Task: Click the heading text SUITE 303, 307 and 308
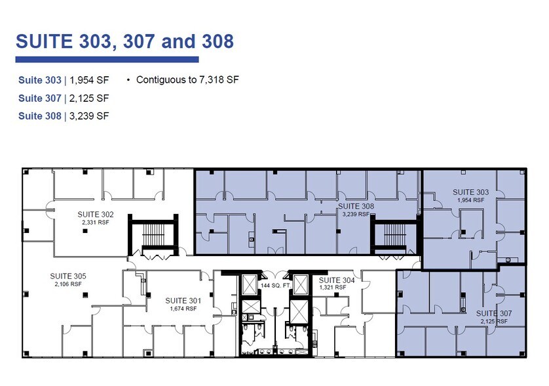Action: click(x=124, y=41)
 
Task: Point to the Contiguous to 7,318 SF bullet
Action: click(x=187, y=80)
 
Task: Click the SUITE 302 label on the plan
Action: click(x=96, y=215)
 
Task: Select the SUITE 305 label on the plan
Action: click(x=68, y=276)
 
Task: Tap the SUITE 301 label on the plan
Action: click(x=183, y=300)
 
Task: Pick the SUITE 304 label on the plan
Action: click(x=337, y=280)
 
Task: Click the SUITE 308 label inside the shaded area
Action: click(x=356, y=206)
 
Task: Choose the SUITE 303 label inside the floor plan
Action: click(x=470, y=192)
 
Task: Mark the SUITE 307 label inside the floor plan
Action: click(x=494, y=314)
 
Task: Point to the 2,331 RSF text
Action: click(x=96, y=223)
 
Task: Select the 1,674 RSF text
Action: click(x=183, y=308)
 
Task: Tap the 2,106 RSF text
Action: click(x=68, y=284)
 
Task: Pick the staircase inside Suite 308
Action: click(x=392, y=235)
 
